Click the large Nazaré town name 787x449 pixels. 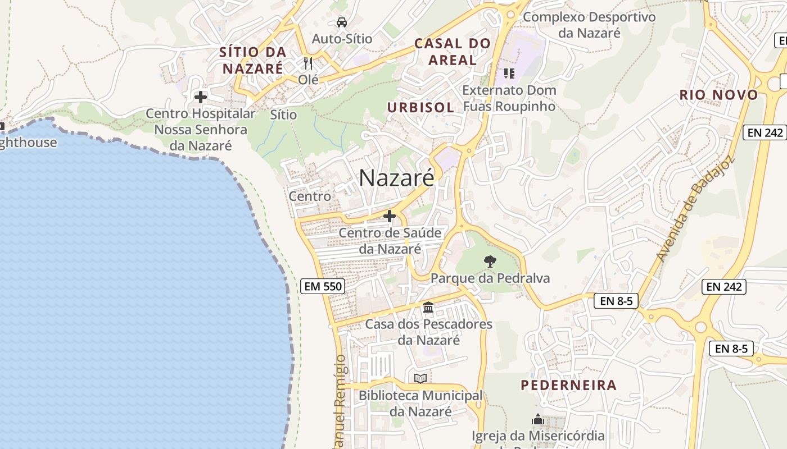click(396, 178)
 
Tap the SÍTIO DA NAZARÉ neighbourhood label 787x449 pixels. click(253, 60)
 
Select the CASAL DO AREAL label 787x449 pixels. click(453, 51)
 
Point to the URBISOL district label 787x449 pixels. click(420, 107)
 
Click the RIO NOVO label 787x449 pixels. click(719, 95)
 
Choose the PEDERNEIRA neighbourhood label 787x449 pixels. click(568, 385)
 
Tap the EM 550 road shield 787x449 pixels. click(322, 286)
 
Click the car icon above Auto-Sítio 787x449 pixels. click(341, 22)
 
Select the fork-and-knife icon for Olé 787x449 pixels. click(307, 63)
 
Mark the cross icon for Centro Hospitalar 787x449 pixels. click(200, 97)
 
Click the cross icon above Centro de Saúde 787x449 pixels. click(389, 216)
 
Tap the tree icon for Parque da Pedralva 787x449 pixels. click(490, 261)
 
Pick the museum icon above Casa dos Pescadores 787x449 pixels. click(428, 307)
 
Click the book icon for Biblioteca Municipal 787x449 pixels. click(420, 378)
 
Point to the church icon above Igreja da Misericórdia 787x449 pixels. click(537, 419)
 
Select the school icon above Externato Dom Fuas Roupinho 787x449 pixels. click(509, 73)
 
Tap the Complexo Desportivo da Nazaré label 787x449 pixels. click(589, 25)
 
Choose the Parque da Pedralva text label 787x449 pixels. click(490, 278)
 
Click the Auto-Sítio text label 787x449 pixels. click(342, 39)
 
